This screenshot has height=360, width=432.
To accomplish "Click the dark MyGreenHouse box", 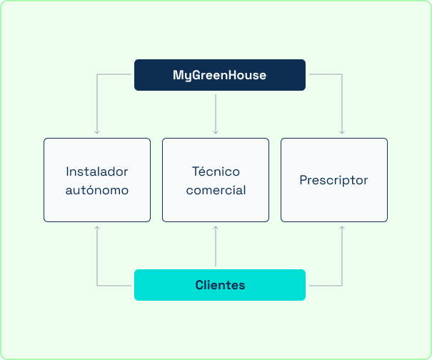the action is pyautogui.click(x=220, y=75).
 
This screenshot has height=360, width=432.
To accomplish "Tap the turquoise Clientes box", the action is pyautogui.click(x=220, y=285).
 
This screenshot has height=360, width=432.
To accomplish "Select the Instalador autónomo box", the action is pyautogui.click(x=97, y=180).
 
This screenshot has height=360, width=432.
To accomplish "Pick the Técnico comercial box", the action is pyautogui.click(x=216, y=180).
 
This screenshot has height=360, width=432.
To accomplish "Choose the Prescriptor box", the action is pyautogui.click(x=334, y=180).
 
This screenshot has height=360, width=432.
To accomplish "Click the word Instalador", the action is pyautogui.click(x=97, y=171).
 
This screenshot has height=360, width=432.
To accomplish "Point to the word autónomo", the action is pyautogui.click(x=97, y=190).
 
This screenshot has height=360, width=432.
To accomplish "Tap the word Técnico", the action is pyautogui.click(x=216, y=171).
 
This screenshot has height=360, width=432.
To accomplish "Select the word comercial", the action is pyautogui.click(x=216, y=190).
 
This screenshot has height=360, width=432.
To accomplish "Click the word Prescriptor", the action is pyautogui.click(x=333, y=181).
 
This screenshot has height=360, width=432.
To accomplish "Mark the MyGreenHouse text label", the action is pyautogui.click(x=220, y=75).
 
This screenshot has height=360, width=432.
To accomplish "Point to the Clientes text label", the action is pyautogui.click(x=220, y=285).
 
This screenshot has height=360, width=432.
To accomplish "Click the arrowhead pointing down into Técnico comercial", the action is pyautogui.click(x=216, y=132).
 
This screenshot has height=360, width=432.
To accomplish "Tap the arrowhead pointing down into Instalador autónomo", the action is pyautogui.click(x=97, y=132).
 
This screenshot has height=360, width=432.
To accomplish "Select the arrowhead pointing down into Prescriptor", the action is pyautogui.click(x=342, y=132).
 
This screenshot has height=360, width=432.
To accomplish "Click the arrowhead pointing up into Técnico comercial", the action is pyautogui.click(x=216, y=228).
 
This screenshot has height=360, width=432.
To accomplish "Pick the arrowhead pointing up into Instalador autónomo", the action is pyautogui.click(x=97, y=228).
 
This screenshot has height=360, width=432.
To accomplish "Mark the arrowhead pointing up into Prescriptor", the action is pyautogui.click(x=342, y=228).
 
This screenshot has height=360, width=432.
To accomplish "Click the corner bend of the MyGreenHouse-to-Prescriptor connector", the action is pyautogui.click(x=342, y=74).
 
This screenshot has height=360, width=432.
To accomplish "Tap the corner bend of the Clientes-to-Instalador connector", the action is pyautogui.click(x=97, y=286).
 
